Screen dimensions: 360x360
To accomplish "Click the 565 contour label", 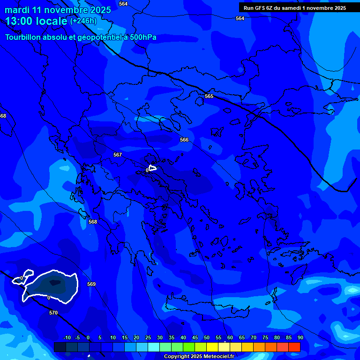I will (x=209, y=96).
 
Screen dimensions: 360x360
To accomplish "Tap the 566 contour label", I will (x=184, y=140).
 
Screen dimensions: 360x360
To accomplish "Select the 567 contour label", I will (x=118, y=155).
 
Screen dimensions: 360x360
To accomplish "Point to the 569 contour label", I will (x=91, y=284).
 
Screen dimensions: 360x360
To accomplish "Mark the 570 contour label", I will (x=53, y=313).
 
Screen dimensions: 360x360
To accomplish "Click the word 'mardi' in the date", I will (x=17, y=10).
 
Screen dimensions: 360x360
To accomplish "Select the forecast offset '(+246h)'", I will (x=83, y=21).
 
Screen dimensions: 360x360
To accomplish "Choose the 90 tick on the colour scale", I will (x=300, y=338).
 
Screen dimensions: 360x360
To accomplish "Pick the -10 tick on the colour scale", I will (x=67, y=338).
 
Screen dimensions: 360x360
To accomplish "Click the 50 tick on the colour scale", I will (x=207, y=338).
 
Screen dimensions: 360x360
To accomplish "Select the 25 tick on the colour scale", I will (x=148, y=338).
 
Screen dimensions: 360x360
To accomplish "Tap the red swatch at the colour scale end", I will (x=294, y=347).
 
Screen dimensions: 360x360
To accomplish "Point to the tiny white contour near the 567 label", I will (x=152, y=168).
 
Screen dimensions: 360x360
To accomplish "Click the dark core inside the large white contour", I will (x=55, y=283).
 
